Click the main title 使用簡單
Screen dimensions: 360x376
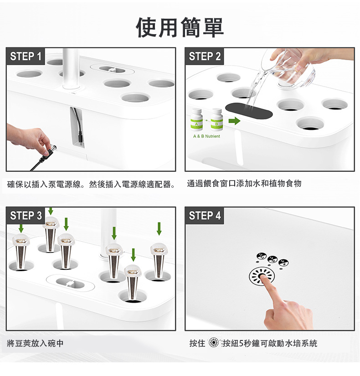[x=180, y=28]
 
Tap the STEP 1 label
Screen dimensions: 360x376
[x=26, y=57]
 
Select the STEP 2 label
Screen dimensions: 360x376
[x=205, y=57]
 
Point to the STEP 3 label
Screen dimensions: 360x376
[x=26, y=216]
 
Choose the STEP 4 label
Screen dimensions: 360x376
[x=205, y=216]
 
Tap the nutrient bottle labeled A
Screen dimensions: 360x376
[x=196, y=119]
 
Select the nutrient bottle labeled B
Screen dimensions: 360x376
[x=216, y=119]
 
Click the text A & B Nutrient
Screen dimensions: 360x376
[x=206, y=136]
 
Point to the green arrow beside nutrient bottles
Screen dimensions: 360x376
[x=234, y=121]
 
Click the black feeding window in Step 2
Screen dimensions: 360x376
[x=249, y=111]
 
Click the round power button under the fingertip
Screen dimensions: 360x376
[x=262, y=276]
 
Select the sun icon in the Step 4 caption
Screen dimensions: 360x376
[x=213, y=343]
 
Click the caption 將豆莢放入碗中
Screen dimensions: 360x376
[x=35, y=343]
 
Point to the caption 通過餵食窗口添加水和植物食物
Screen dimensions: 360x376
[x=244, y=184]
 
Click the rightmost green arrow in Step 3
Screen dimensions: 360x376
[x=159, y=228]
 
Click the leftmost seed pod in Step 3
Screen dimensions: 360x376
[x=21, y=251]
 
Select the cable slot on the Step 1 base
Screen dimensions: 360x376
[x=77, y=127]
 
